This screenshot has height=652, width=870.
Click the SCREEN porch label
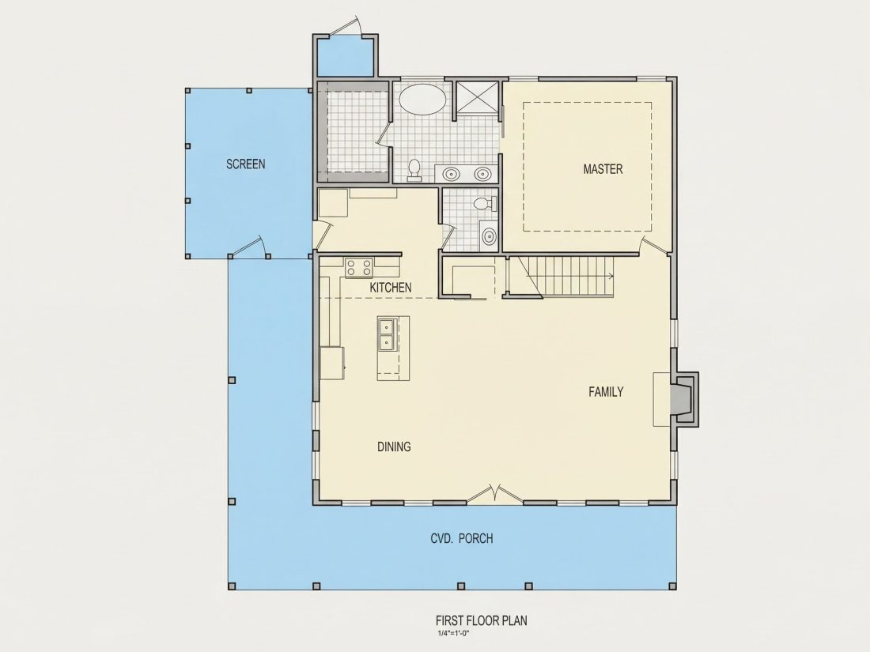pos(245,164)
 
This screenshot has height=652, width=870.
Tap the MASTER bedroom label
pos(603,169)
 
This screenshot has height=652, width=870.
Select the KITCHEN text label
pos(391,287)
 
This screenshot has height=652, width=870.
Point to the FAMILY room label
pos(606,392)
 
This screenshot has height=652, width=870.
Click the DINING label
pos(394,447)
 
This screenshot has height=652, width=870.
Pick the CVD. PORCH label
pos(462,538)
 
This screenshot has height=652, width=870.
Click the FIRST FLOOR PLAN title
pos(482,620)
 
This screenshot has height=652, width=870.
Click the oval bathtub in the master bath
pos(423,99)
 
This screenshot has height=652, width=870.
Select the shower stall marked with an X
pos(477,98)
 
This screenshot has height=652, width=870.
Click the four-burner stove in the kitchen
pos(358,268)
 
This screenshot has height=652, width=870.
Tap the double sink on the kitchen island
pos(386,335)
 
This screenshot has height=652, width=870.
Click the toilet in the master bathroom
pos(414,170)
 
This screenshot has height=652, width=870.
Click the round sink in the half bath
pos(488,237)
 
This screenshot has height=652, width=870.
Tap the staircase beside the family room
pos(562,277)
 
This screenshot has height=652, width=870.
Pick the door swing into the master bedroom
pos(653,246)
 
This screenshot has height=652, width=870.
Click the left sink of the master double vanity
pos(451,174)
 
